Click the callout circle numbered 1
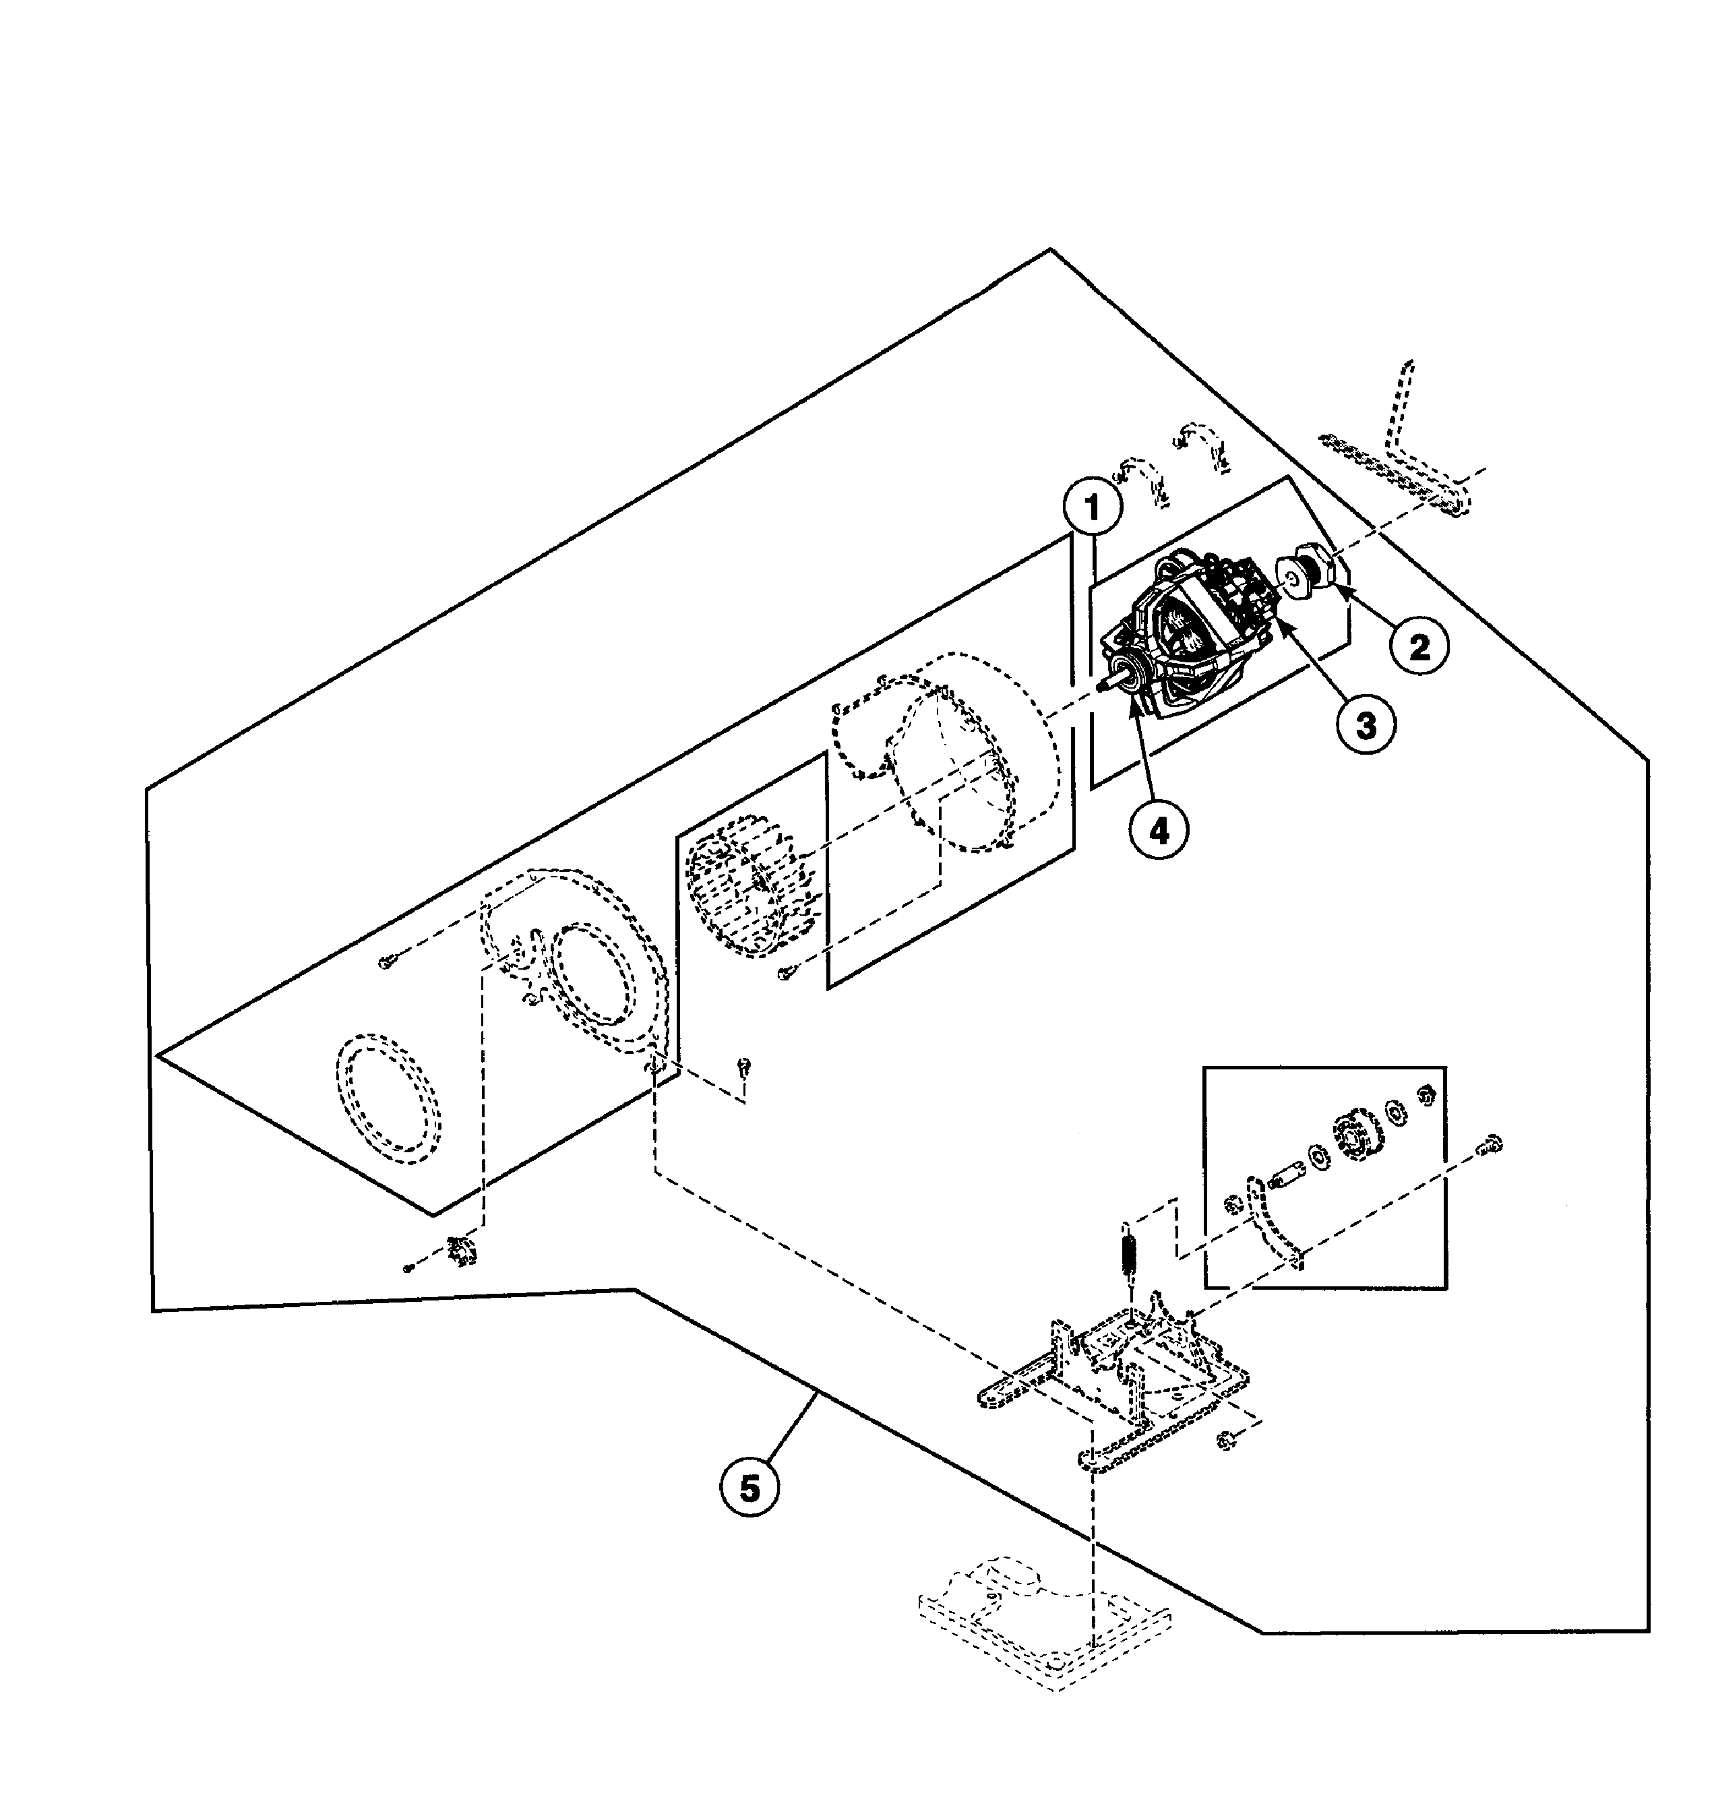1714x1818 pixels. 1092,509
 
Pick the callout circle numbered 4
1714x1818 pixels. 1159,829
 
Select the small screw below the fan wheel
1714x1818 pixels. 785,973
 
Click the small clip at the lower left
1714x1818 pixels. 462,1252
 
